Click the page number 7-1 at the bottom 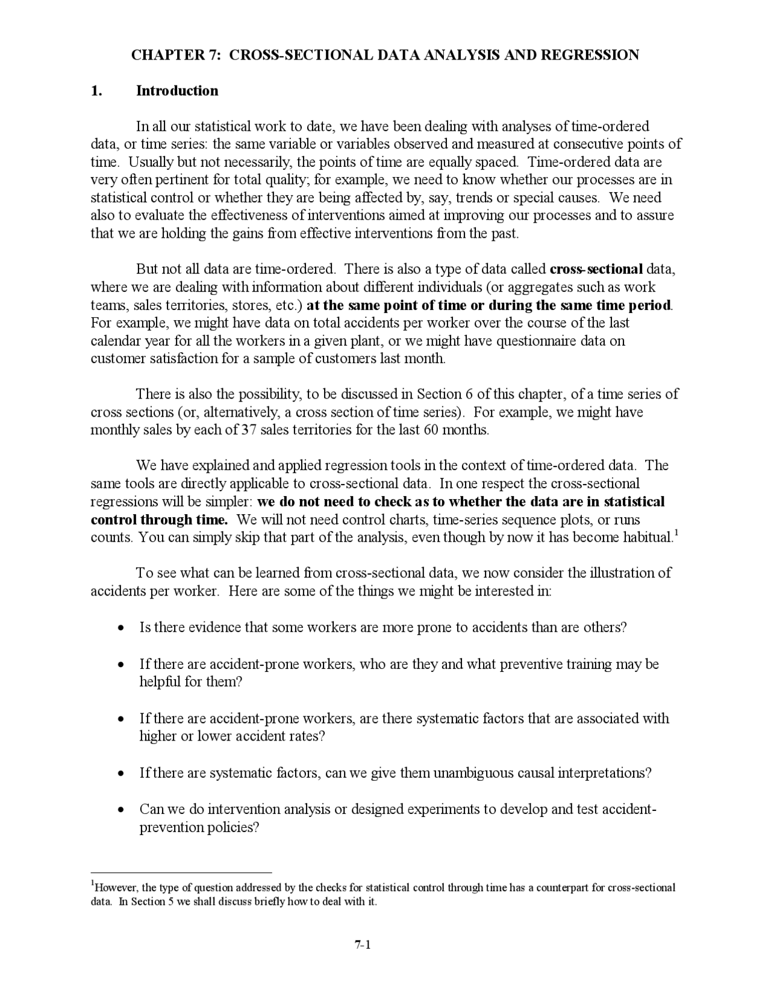pyautogui.click(x=362, y=945)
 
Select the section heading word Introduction pyautogui.click(x=177, y=91)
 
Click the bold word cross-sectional pyautogui.click(x=596, y=269)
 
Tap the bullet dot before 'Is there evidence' pyautogui.click(x=122, y=628)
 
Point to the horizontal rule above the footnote pyautogui.click(x=181, y=872)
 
